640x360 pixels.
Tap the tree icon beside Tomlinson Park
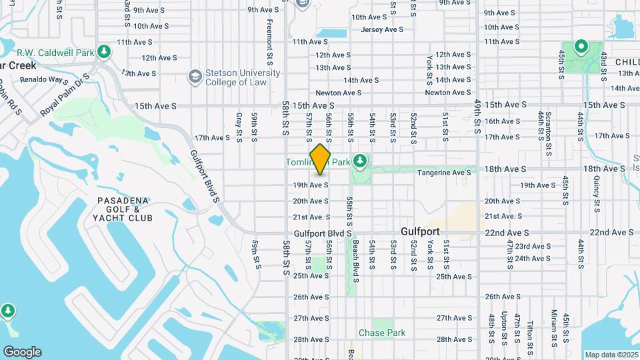(x=360, y=161)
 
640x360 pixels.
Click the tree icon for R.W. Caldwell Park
(x=103, y=51)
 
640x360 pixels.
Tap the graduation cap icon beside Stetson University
(x=195, y=77)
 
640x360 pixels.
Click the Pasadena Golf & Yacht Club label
(x=125, y=209)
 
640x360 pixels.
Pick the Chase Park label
(x=382, y=333)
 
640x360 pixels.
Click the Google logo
(x=22, y=352)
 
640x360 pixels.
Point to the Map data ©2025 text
(x=611, y=355)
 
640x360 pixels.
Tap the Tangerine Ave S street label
(x=444, y=173)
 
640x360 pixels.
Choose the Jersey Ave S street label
(x=382, y=30)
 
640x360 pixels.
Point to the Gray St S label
(x=239, y=127)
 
